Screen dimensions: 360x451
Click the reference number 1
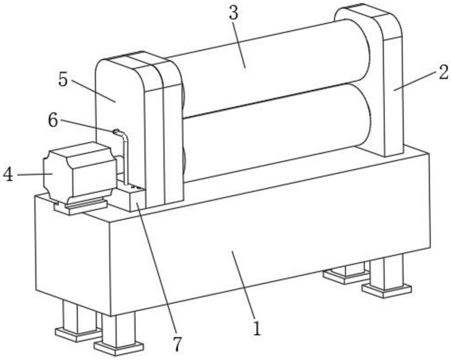257,328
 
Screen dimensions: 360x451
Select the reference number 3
233,13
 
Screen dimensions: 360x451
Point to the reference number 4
8,174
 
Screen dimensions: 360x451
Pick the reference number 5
63,79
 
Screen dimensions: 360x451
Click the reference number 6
53,120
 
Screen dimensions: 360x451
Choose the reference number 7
178,344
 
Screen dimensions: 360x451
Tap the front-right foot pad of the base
387,290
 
